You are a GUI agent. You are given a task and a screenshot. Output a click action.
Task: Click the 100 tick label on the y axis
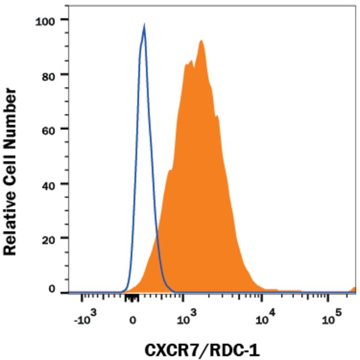[x=44, y=20]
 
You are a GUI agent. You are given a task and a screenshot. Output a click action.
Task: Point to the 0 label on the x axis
[x=133, y=320]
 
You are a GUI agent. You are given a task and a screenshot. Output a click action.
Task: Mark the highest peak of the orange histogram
[x=202, y=41]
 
